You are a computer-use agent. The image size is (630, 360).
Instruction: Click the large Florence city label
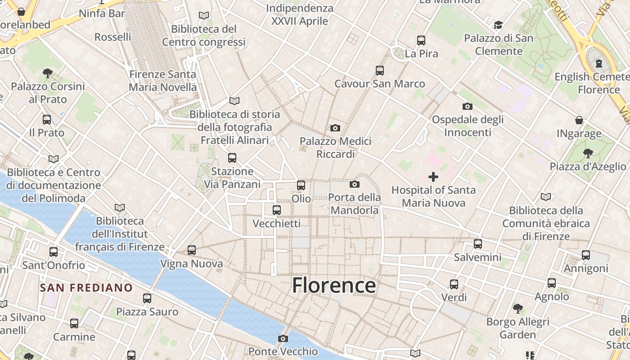pos(334,285)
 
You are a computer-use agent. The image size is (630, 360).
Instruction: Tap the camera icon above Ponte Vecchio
pos(283,338)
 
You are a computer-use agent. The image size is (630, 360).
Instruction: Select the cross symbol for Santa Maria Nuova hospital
pos(433,177)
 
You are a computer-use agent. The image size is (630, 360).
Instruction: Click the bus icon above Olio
pos(301,185)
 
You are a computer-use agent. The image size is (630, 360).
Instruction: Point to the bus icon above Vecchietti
pos(277,210)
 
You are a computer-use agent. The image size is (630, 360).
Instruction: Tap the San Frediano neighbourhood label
pos(86,288)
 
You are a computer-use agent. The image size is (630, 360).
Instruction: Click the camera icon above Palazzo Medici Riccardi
pos(335,128)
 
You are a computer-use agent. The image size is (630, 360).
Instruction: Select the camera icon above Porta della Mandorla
pos(355,184)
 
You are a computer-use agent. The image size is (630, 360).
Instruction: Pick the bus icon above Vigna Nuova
pos(192,250)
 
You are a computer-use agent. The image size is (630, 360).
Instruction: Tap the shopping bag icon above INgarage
pos(579,120)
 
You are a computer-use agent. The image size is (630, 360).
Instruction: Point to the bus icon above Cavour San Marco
pos(380,71)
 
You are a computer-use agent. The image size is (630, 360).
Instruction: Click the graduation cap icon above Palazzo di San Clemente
pos(498,25)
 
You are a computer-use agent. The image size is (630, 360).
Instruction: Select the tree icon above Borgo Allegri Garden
pos(518,309)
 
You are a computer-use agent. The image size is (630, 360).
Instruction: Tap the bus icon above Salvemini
pos(478,244)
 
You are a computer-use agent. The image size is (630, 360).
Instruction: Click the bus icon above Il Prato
pos(47,120)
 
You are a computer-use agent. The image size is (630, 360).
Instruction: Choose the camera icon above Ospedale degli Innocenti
pos(468,107)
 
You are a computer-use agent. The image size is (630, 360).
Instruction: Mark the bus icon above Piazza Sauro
pos(147,298)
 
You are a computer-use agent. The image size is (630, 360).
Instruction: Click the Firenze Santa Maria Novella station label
pos(163,81)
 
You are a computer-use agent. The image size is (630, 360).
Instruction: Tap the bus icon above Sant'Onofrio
pos(54,252)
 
